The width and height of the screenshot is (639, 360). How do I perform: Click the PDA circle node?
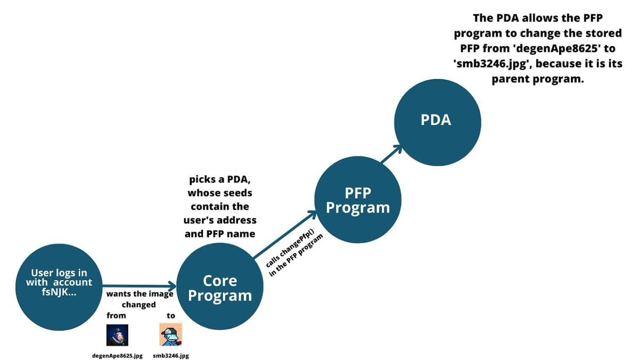[x=437, y=119]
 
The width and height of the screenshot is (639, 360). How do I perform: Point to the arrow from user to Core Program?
[x=138, y=286]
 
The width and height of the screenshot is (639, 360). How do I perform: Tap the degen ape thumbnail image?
[x=117, y=335]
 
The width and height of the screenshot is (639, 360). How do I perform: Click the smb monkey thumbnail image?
[x=171, y=335]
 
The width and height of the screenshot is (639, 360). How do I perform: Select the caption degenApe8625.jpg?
[x=118, y=355]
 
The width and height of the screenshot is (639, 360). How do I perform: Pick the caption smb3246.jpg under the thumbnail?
[x=171, y=355]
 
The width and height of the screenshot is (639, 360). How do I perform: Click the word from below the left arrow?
[x=116, y=315]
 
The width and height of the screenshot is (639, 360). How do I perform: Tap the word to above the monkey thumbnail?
[x=171, y=315]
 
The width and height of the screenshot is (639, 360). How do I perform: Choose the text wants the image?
[x=140, y=293]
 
